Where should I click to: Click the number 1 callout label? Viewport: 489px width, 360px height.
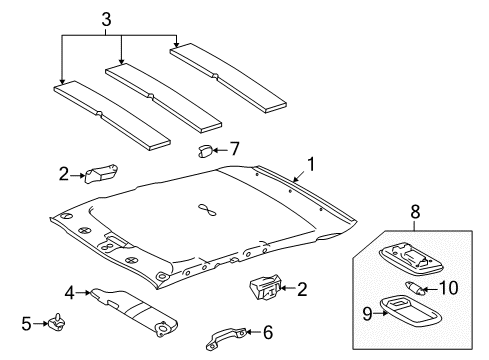point(311,162)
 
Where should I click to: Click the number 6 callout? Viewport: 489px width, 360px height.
point(268,332)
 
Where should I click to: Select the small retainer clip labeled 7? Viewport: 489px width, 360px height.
point(204,150)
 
